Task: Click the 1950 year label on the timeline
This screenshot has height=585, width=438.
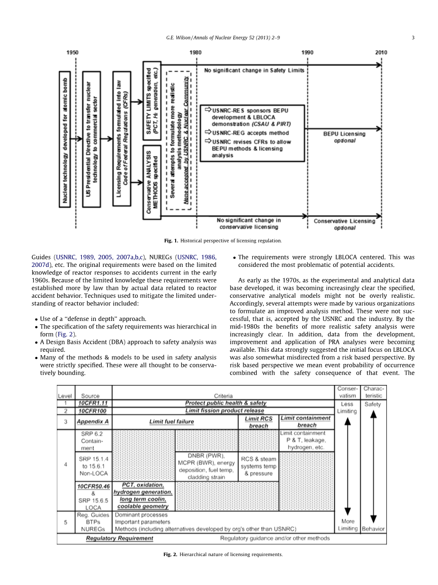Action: (72, 53)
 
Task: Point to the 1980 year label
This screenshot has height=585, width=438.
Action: (196, 53)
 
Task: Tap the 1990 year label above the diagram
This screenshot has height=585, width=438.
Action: (307, 53)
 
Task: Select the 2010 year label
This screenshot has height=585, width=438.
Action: (381, 53)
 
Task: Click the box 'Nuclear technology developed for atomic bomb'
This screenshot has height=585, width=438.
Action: (65, 139)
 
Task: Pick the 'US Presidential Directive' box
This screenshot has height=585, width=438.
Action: (91, 139)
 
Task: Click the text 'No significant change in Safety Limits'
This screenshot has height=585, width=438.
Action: (254, 70)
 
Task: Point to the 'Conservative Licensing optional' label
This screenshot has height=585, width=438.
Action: (344, 224)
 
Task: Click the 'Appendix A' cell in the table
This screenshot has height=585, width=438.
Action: (93, 421)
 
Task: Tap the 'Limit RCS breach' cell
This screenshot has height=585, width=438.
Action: (259, 422)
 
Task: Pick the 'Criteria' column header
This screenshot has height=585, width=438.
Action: (223, 396)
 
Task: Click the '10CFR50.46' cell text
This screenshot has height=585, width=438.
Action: (93, 486)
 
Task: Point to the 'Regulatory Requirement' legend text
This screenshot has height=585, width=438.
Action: (119, 538)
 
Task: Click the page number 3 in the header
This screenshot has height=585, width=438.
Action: (413, 38)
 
